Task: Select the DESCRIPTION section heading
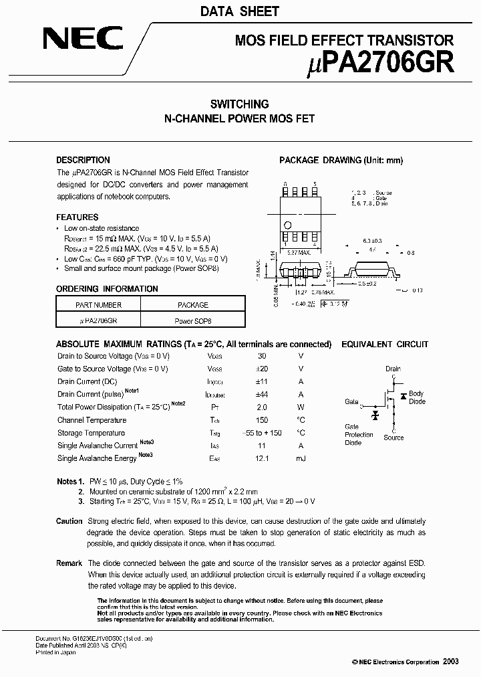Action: [83, 160]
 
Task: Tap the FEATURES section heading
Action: [77, 217]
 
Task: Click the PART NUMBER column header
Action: [99, 305]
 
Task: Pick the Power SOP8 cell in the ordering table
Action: [192, 320]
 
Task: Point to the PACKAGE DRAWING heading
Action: [341, 160]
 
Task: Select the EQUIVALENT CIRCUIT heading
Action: [385, 345]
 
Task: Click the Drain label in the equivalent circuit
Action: [393, 369]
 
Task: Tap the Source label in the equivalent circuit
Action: [393, 438]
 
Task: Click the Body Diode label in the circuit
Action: [417, 397]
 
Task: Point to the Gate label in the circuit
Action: [351, 402]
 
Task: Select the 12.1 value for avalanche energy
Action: [262, 458]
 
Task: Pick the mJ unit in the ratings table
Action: [301, 458]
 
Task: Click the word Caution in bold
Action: [69, 521]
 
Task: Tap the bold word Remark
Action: [69, 563]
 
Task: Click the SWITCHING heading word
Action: [240, 104]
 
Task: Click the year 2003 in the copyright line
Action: [450, 661]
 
